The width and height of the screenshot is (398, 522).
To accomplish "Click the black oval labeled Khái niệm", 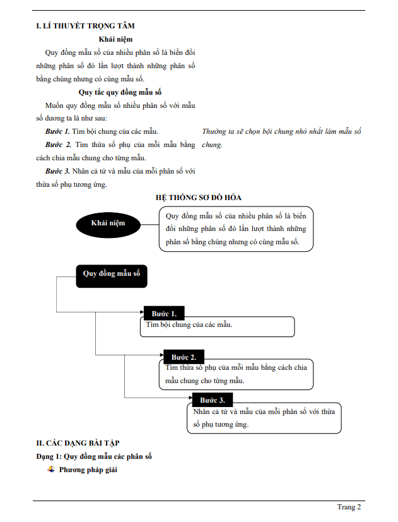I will [x=108, y=223].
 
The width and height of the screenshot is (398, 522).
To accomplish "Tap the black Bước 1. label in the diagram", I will [x=164, y=314].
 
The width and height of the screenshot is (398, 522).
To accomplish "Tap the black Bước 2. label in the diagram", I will [x=184, y=357].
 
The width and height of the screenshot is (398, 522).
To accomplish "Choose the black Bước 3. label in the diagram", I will [x=212, y=400].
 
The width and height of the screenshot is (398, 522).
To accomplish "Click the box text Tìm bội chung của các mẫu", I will [x=189, y=325].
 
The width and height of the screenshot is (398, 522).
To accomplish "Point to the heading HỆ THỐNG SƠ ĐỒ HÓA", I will [x=199, y=198].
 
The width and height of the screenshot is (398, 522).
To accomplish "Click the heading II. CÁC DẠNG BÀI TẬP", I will [x=78, y=443].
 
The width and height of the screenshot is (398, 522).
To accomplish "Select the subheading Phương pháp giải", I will [x=88, y=470].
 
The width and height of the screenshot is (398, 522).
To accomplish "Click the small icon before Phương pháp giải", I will [x=51, y=469].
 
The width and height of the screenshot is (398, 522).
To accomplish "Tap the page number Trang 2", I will [x=349, y=507].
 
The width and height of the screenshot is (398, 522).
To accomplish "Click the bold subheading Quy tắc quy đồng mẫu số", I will [x=115, y=92].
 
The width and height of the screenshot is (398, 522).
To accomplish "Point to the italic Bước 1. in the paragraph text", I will [x=57, y=131].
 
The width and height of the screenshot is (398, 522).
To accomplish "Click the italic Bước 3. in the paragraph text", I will [x=57, y=171].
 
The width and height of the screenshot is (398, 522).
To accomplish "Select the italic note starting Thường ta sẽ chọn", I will [x=281, y=131].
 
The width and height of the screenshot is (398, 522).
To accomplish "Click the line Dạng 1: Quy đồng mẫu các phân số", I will [x=93, y=456].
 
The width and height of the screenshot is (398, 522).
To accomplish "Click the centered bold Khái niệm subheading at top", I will [x=115, y=39].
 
